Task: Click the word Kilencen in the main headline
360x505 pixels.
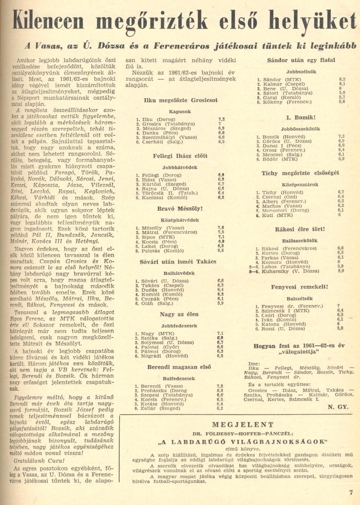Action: (x=55, y=21)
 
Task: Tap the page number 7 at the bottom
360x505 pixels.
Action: (x=351, y=491)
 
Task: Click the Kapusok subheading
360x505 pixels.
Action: (x=180, y=112)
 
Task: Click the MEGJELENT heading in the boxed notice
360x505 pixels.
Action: (x=243, y=424)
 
